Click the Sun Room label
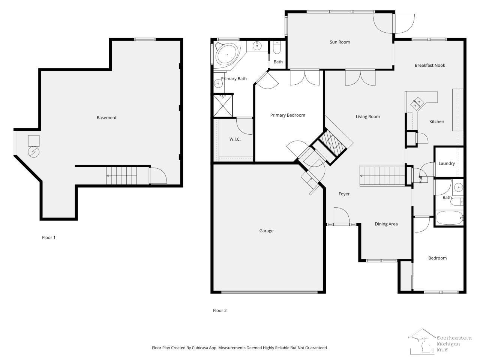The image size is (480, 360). coord(340,42)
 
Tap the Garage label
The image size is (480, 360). coord(266,231)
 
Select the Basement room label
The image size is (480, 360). coord(106,118)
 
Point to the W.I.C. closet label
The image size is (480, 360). coord(235,139)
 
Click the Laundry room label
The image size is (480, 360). coord(447,163)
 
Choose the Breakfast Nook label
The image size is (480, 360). coord(430,65)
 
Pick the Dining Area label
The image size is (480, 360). coord(386,224)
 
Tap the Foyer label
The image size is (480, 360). coord(344,194)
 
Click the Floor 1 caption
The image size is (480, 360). coord(48,237)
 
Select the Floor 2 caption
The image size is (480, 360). coord(219,310)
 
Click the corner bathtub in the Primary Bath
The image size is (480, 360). coord(227,55)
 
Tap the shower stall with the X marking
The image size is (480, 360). coord(223,106)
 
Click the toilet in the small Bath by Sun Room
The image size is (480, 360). coord(277,48)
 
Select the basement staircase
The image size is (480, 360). coord(121,176)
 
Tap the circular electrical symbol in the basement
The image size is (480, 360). coord(34,152)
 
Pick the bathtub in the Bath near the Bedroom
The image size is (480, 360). coord(450,218)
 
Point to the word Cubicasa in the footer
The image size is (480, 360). coord(199,348)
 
